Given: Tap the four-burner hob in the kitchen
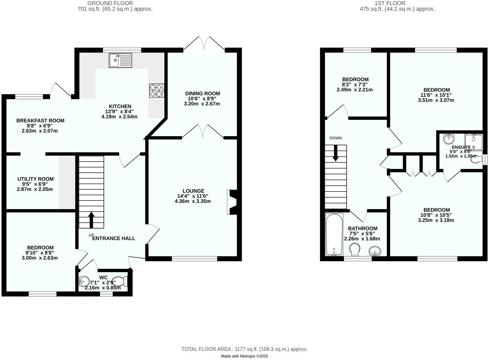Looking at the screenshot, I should [x=156, y=91].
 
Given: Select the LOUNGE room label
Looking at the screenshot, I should [x=193, y=191].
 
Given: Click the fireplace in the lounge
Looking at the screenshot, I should [x=232, y=202].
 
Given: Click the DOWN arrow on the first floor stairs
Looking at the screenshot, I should [x=335, y=154].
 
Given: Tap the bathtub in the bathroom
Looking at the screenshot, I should [x=334, y=234].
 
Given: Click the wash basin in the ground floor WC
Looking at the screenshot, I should [x=84, y=281].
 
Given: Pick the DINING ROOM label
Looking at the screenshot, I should [x=202, y=94].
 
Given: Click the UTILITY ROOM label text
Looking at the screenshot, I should [x=35, y=179].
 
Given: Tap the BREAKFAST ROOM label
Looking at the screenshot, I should [x=40, y=121].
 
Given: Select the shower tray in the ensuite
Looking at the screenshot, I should [x=473, y=142].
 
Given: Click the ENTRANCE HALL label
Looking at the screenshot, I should [x=114, y=238].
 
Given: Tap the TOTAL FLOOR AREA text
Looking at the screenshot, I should [x=244, y=349].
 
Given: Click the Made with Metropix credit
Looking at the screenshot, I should [x=244, y=356].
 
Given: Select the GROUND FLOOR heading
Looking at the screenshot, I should [x=110, y=3].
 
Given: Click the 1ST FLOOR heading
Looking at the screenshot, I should [x=390, y=3].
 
